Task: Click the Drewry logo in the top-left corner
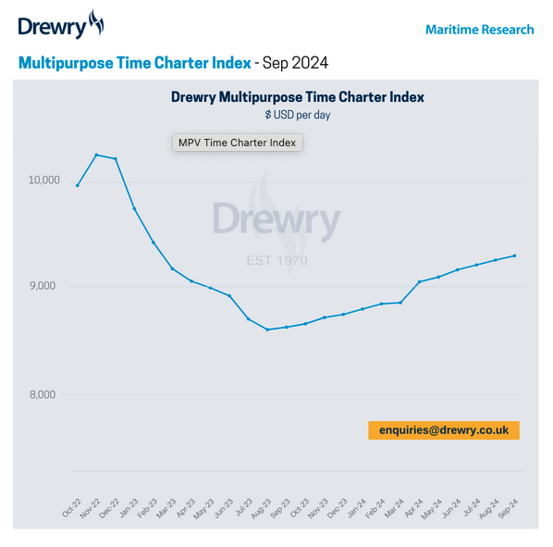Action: [x=61, y=25]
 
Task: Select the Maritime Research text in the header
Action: [x=479, y=30]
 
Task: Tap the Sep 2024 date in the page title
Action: [x=296, y=63]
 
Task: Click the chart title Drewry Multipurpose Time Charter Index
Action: [x=298, y=97]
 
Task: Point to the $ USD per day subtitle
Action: [x=298, y=115]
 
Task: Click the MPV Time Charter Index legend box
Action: [x=237, y=143]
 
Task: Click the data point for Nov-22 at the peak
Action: [x=96, y=155]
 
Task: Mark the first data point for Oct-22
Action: [x=77, y=185]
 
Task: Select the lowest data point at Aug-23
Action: [x=267, y=329]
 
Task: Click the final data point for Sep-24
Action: [x=514, y=255]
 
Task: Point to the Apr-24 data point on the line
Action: [x=419, y=281]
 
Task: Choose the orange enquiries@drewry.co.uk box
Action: [x=444, y=430]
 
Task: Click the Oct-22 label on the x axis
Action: [x=71, y=506]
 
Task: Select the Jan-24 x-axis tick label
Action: [x=356, y=506]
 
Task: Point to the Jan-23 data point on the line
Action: [x=134, y=208]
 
